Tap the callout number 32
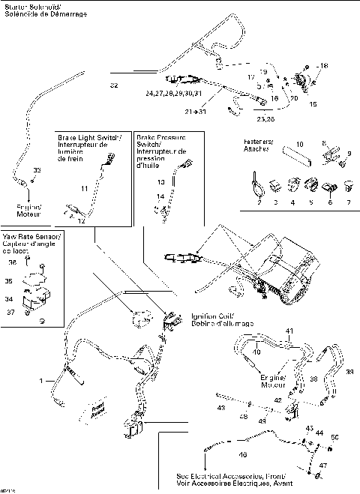coord(114,85)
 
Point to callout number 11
coord(84,187)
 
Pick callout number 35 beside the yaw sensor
coord(30,282)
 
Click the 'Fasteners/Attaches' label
coord(258,145)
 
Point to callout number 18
coord(324,67)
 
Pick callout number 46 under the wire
coord(241,454)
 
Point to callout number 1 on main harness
coord(52,381)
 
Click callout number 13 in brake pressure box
coord(159,182)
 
